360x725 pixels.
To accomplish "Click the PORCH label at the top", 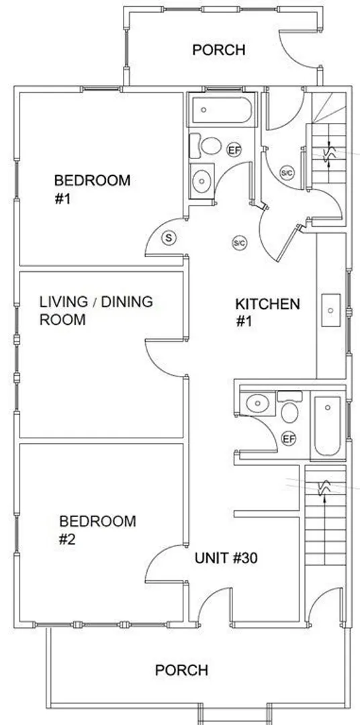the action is (218, 50).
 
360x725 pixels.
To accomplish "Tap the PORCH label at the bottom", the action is (181, 670).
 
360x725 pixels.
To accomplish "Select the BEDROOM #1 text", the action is (92, 189).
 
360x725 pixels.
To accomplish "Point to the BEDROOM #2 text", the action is (97, 530).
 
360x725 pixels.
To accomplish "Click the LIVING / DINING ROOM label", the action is (96, 310).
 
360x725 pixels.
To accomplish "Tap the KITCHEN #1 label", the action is (267, 313).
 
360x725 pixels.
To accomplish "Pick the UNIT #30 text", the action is (226, 558).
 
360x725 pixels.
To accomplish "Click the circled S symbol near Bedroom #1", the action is (169, 238).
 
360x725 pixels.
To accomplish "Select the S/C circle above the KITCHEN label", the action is (239, 243).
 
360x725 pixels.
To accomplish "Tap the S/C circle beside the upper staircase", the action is (287, 173).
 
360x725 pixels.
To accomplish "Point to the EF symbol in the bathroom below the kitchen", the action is (289, 438).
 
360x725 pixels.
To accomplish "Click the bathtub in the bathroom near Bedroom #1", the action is (222, 109).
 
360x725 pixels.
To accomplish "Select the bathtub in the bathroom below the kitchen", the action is (328, 426).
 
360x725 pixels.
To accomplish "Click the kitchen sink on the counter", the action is (331, 310).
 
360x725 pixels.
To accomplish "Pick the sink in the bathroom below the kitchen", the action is (258, 403).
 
